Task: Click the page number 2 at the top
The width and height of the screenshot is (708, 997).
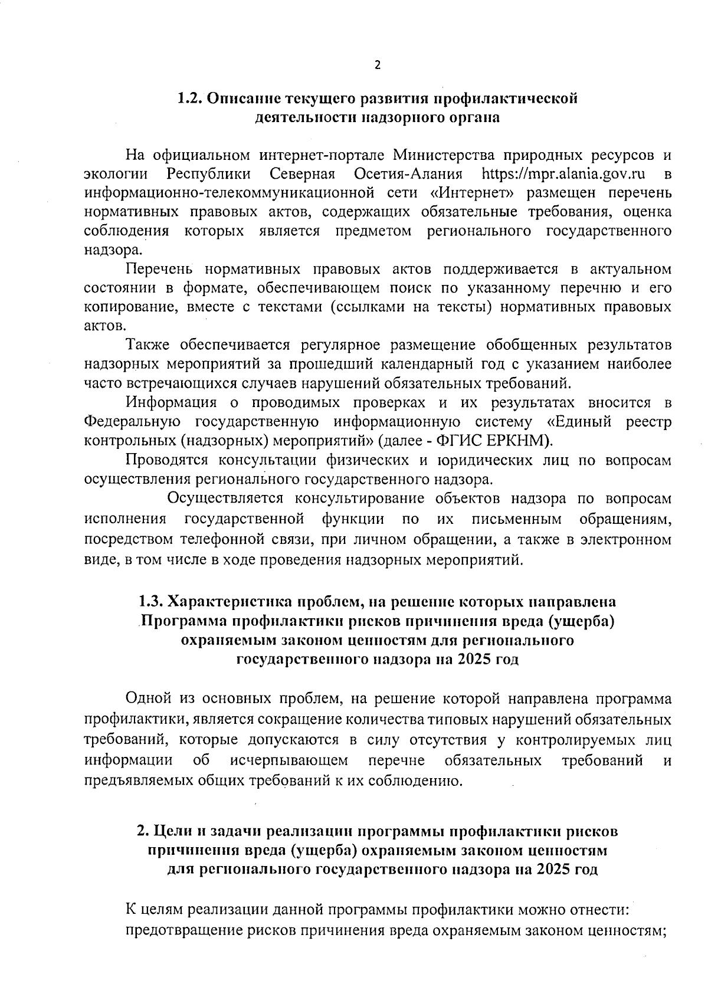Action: tap(378, 65)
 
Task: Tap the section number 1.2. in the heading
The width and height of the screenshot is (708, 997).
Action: tap(191, 98)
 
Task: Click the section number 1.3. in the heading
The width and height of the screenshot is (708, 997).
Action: tap(151, 602)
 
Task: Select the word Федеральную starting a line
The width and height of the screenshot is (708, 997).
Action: tap(132, 422)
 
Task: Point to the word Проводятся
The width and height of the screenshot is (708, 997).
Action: tap(166, 460)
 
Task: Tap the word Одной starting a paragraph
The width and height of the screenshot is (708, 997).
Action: tap(150, 699)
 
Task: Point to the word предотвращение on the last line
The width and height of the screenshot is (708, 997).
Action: tap(188, 931)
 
